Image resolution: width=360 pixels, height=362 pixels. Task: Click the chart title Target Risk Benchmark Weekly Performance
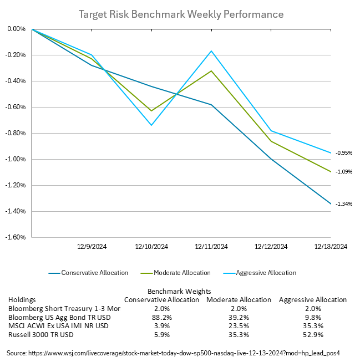pyautogui.click(x=181, y=13)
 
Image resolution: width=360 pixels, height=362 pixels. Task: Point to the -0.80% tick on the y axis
pyautogui.click(x=17, y=133)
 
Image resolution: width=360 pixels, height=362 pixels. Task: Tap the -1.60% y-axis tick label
pyautogui.click(x=17, y=237)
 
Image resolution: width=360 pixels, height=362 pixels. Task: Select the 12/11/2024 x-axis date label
pyautogui.click(x=211, y=247)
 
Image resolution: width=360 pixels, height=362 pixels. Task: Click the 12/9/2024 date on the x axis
pyautogui.click(x=92, y=247)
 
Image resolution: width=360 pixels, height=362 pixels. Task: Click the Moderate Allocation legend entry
pyautogui.click(x=181, y=273)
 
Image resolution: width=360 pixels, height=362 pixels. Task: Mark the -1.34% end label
pyautogui.click(x=344, y=204)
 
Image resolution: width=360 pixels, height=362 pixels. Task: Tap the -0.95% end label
pyautogui.click(x=344, y=153)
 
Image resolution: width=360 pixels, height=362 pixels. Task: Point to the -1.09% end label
pyautogui.click(x=344, y=172)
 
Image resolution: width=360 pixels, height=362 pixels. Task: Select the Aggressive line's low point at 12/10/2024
pyautogui.click(x=151, y=125)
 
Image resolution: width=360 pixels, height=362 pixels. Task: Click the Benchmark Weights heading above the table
pyautogui.click(x=179, y=290)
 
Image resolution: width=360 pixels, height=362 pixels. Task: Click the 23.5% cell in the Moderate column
pyautogui.click(x=239, y=326)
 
